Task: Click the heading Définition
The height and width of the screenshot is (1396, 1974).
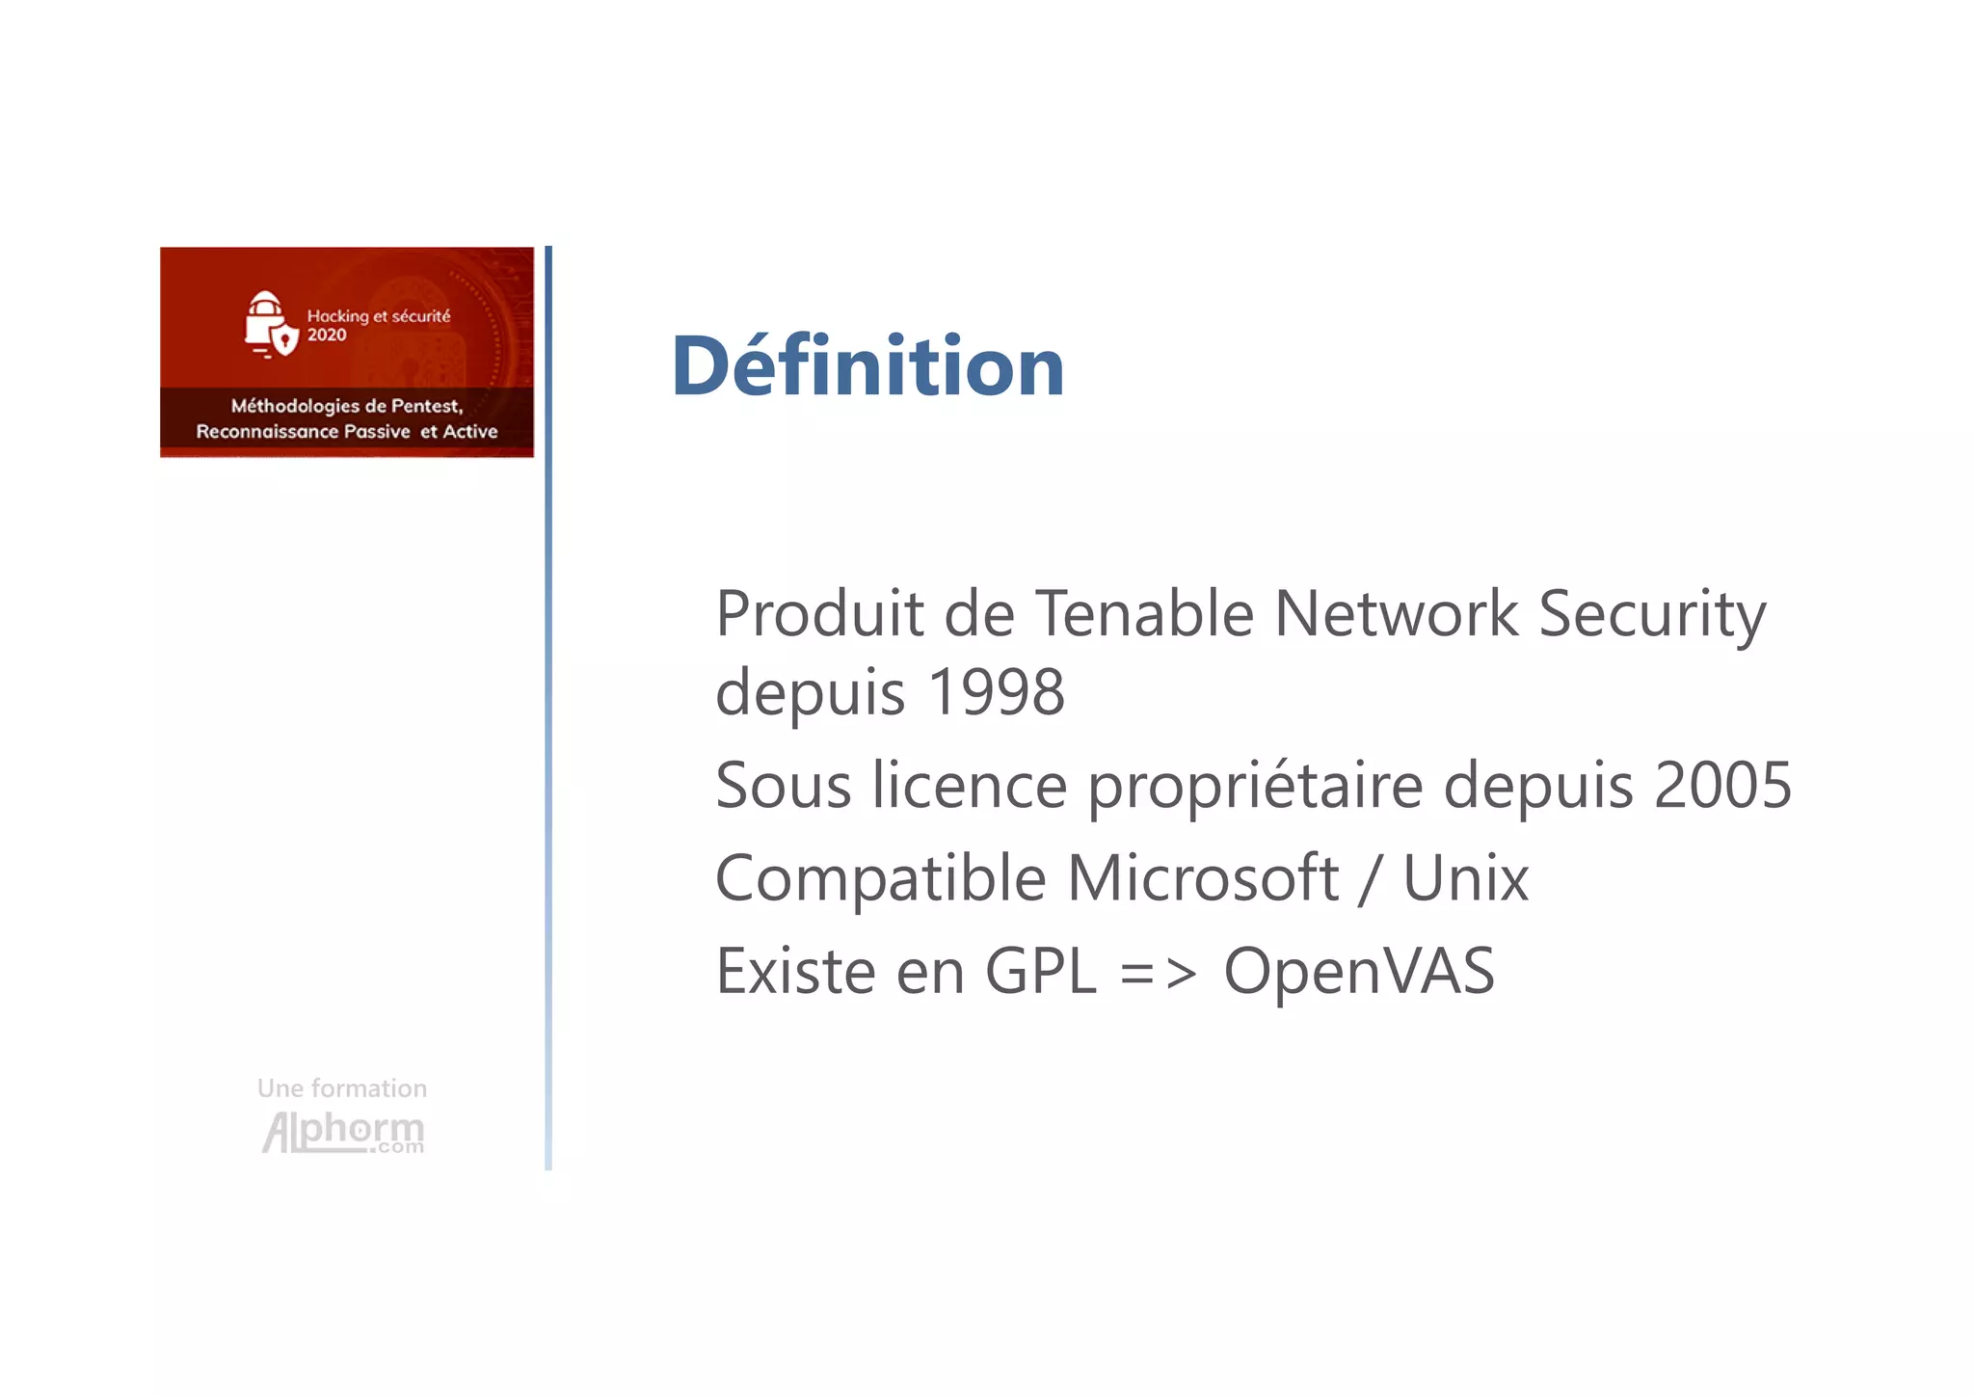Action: [867, 366]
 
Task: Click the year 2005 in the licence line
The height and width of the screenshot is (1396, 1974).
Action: [1722, 785]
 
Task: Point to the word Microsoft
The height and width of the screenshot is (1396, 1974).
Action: [1203, 878]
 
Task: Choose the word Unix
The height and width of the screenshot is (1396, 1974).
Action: [1465, 878]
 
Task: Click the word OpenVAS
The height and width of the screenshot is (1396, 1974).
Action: [1359, 971]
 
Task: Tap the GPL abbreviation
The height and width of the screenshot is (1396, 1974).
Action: [1040, 971]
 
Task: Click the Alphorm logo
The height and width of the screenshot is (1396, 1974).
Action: [343, 1132]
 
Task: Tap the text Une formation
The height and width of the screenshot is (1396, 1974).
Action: [342, 1088]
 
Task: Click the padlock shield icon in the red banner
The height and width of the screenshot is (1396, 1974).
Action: [270, 324]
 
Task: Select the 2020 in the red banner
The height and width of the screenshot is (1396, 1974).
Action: [327, 336]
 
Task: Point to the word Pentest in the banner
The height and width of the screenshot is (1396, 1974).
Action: [426, 407]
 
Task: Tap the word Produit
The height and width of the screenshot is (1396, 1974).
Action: [820, 613]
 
